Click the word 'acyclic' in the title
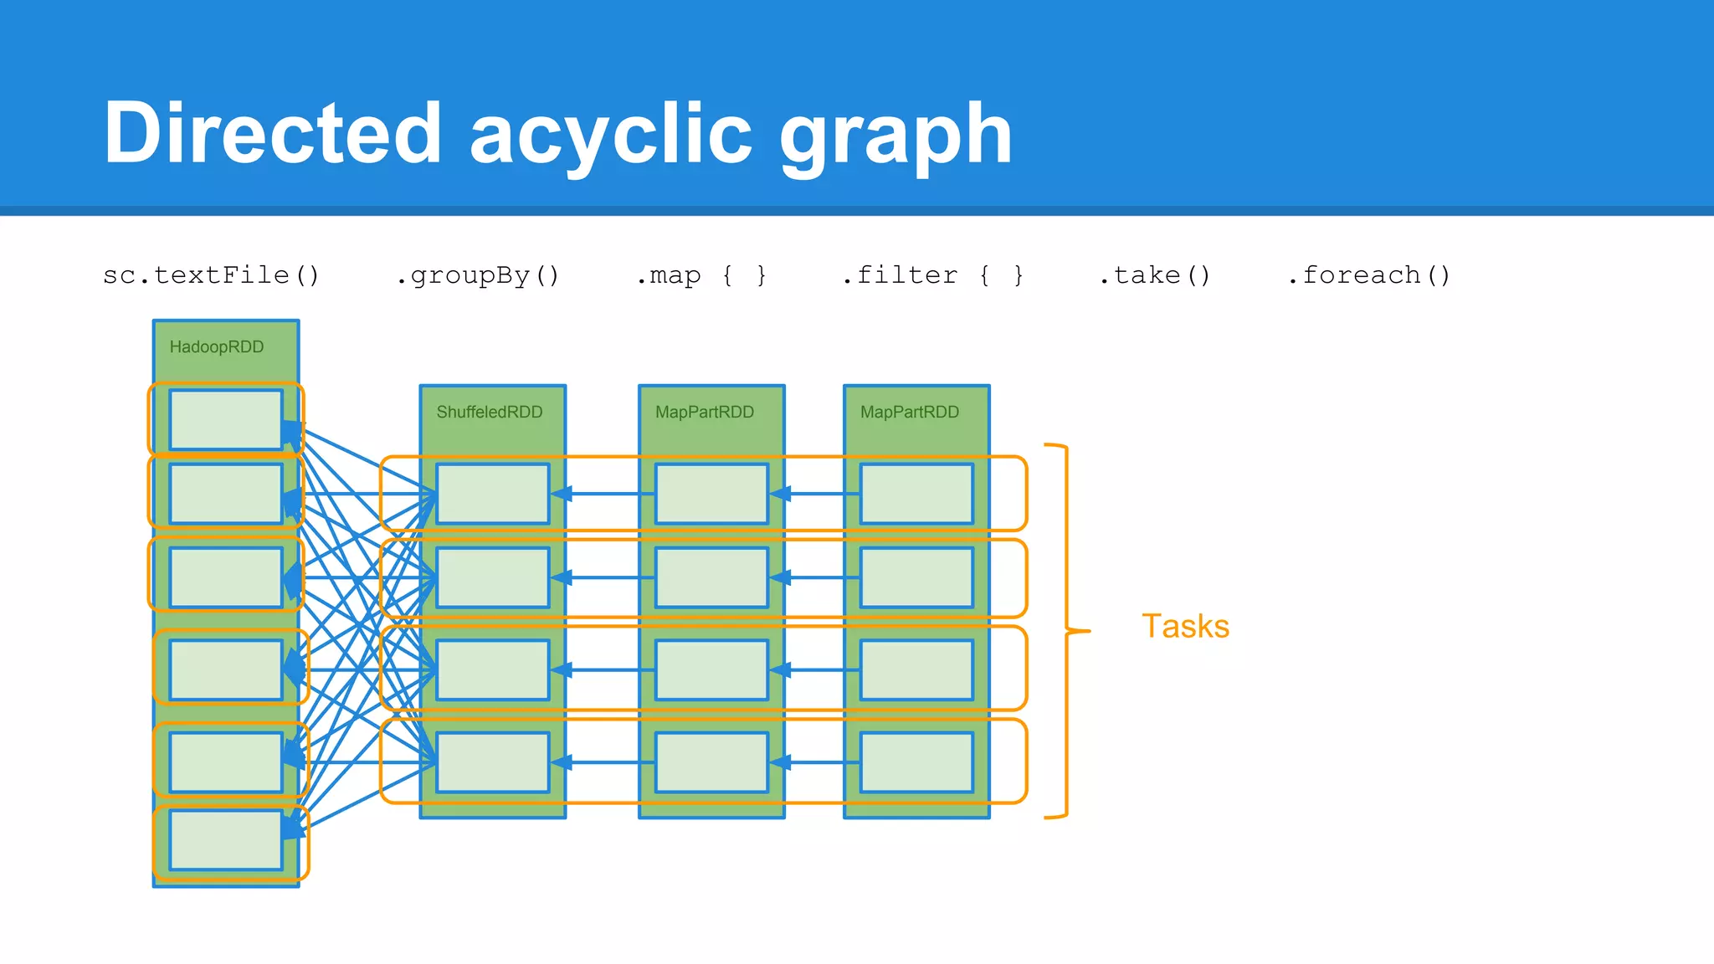(x=611, y=134)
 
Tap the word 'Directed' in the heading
(x=272, y=134)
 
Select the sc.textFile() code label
(x=211, y=275)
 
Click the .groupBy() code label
(x=477, y=275)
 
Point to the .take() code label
(x=1154, y=275)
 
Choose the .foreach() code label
(x=1368, y=275)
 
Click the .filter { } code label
(x=932, y=275)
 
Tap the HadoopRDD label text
(x=216, y=346)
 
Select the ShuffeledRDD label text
(x=489, y=412)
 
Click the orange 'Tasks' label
(x=1185, y=626)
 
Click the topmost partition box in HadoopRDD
(x=226, y=419)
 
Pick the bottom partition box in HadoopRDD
(x=226, y=839)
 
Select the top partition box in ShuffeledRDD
(x=492, y=494)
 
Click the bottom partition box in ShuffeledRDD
(x=492, y=762)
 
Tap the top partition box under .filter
(x=916, y=494)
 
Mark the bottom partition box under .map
(x=711, y=762)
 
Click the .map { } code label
(x=701, y=275)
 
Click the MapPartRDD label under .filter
(x=909, y=412)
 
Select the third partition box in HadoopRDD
(x=226, y=577)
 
